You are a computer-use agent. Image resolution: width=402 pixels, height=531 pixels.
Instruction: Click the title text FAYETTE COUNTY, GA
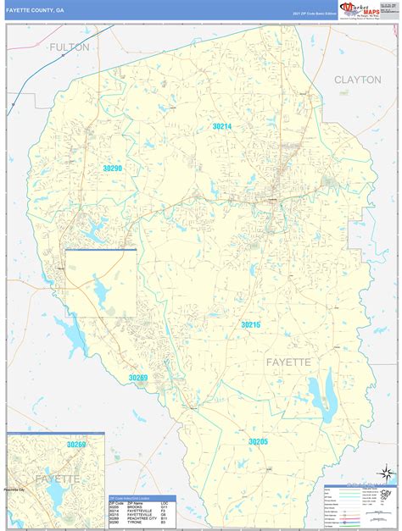(35, 9)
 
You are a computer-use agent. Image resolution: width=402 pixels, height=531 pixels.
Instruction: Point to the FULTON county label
(69, 47)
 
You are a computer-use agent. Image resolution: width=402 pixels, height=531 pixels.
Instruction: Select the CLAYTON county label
(358, 79)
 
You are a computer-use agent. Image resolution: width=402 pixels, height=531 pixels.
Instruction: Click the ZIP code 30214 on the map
(222, 126)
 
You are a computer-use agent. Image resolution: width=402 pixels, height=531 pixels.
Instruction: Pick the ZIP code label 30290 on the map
(113, 169)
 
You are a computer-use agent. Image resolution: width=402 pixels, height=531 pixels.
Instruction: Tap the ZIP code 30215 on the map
(250, 324)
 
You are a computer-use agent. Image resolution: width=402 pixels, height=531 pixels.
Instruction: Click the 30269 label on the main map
(138, 377)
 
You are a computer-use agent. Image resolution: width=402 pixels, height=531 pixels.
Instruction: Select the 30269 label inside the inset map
(76, 444)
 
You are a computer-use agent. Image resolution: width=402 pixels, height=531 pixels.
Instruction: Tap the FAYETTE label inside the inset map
(57, 478)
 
